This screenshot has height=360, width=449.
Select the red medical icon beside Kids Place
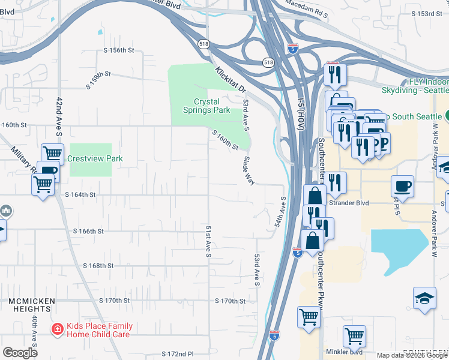[x=57, y=329]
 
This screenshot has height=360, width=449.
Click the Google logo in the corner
[x=20, y=353]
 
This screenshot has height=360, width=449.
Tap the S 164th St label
[x=80, y=195]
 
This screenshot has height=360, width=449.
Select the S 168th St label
[x=98, y=265]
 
